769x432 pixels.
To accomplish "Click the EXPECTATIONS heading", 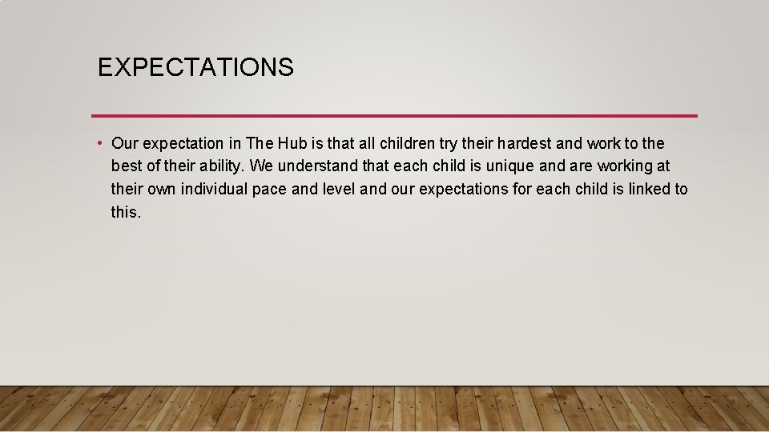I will [x=195, y=67].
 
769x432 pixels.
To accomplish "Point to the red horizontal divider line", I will [x=394, y=116].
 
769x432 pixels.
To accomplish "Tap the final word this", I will [x=126, y=212].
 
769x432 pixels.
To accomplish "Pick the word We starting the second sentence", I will [x=262, y=166].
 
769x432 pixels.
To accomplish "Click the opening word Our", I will [x=124, y=144].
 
